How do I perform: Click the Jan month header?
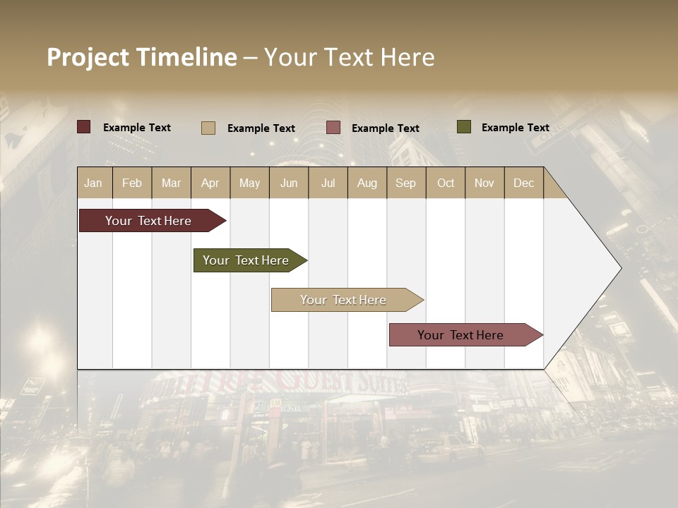94,183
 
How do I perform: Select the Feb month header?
132,183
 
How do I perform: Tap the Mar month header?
171,183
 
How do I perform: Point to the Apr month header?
210,183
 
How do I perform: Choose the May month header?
249,183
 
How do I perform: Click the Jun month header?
289,183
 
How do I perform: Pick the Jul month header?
328,183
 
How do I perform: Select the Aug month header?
367,183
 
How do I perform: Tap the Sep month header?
406,183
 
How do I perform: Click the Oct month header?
446,183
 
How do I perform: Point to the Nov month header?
484,183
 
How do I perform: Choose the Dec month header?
524,183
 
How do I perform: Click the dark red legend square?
84,127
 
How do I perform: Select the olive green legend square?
463,127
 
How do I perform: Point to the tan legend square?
208,128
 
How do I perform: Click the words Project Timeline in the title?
142,57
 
